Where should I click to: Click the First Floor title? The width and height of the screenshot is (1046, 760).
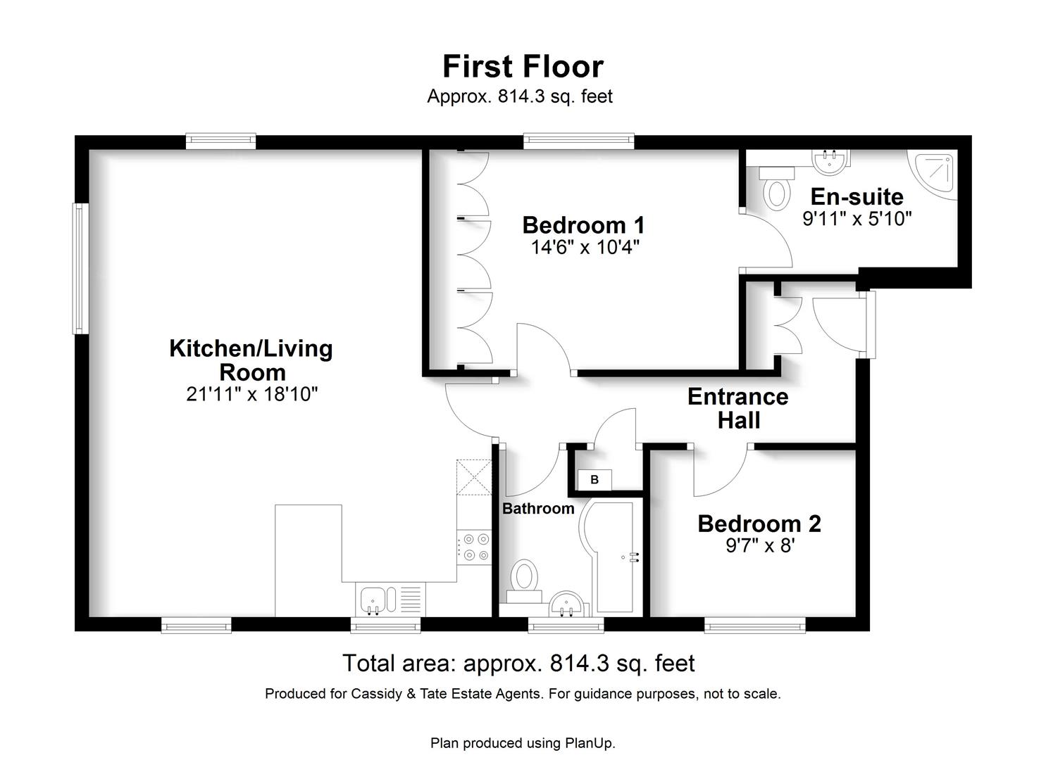(x=523, y=67)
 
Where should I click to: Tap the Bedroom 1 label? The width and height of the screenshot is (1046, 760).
(x=584, y=225)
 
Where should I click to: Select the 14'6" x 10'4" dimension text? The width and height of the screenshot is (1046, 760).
(x=585, y=247)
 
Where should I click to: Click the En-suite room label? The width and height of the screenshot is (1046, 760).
(x=857, y=197)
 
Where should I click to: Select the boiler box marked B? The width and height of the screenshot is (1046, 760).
(x=594, y=480)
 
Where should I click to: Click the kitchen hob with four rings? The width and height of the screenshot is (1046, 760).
(x=474, y=547)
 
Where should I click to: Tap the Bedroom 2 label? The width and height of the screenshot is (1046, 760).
(x=760, y=524)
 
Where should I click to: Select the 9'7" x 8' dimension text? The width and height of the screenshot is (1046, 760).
(x=761, y=545)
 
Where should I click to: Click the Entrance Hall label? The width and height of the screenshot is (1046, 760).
(x=738, y=408)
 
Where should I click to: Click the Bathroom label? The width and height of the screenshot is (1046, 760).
(x=538, y=509)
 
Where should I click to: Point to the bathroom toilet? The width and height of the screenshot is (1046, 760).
(x=524, y=581)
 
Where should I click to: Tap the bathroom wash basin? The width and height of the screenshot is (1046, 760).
(x=567, y=604)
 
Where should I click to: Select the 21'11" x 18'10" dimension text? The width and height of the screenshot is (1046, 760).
(x=252, y=395)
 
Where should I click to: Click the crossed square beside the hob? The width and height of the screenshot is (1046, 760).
(x=474, y=477)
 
